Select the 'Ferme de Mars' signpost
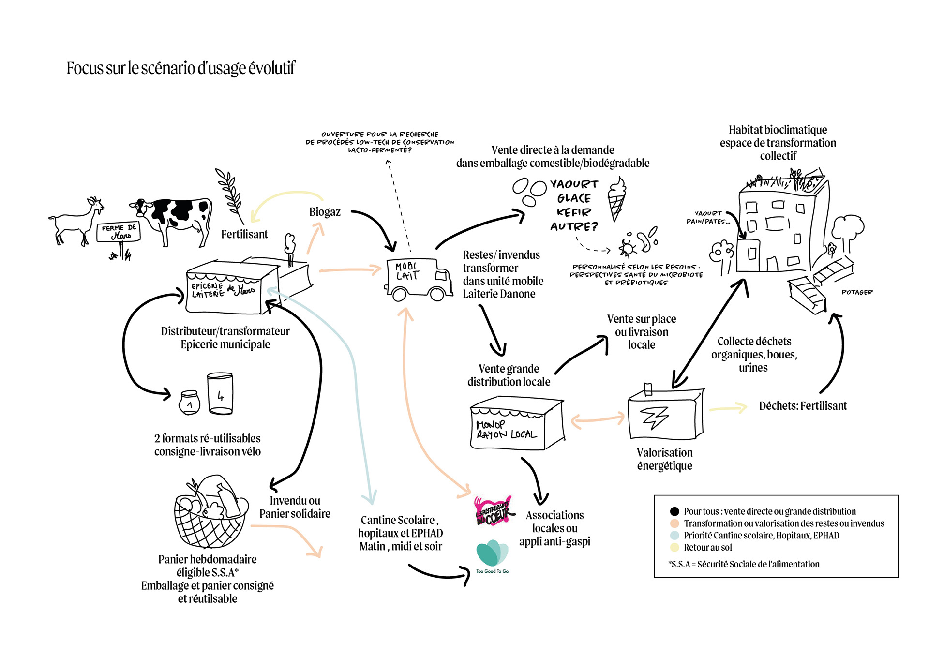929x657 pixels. (x=119, y=233)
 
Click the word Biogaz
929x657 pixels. (x=325, y=212)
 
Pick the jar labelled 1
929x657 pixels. (x=189, y=403)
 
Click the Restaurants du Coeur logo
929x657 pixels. (x=493, y=511)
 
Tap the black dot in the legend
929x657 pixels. (x=674, y=511)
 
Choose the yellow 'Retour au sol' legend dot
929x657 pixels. (x=674, y=548)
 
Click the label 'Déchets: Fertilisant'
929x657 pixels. (x=803, y=406)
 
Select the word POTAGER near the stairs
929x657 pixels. (x=857, y=292)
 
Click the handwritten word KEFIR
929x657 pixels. (x=574, y=212)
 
